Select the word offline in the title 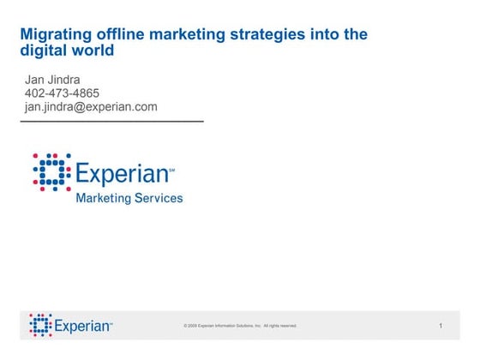point(120,35)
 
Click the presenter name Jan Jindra point(51,81)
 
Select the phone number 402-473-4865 point(63,93)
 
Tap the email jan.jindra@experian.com point(91,107)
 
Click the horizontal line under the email point(111,122)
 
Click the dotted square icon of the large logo point(51,171)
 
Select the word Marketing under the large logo point(104,198)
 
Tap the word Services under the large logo point(159,198)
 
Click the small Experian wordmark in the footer point(83,326)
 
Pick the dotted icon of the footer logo point(39,324)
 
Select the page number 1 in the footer point(440,326)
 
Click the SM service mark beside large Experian point(171,169)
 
